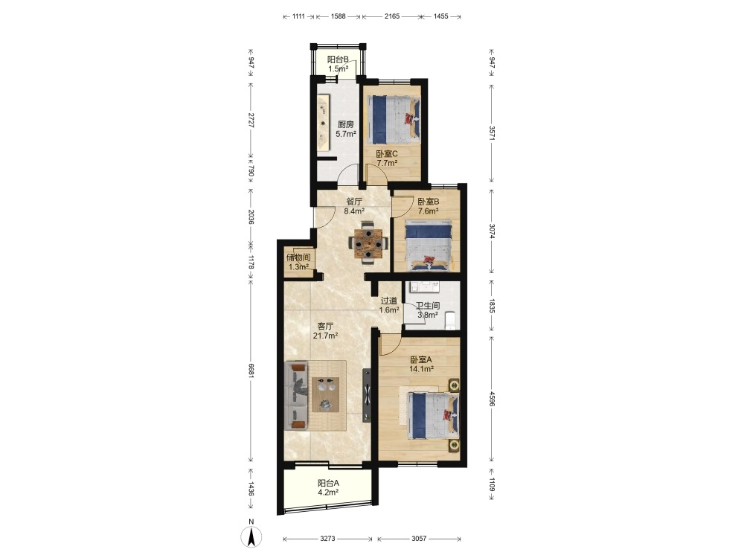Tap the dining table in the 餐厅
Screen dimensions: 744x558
click(368, 243)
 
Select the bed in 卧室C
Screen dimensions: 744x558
click(394, 120)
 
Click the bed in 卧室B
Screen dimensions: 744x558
click(429, 246)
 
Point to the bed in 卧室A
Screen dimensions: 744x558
click(434, 415)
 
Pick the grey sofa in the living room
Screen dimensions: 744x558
click(296, 396)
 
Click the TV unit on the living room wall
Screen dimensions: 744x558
click(367, 395)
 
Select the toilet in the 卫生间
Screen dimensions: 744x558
click(450, 320)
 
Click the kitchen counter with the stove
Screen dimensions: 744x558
click(323, 123)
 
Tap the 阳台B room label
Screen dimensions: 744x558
click(338, 60)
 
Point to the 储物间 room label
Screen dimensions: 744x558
click(298, 257)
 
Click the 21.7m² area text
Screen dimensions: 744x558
click(326, 336)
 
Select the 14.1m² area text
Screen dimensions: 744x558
click(421, 369)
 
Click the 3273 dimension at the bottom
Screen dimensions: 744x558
click(327, 539)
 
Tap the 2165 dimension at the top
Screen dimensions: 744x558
click(392, 16)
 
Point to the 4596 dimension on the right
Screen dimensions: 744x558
click(492, 399)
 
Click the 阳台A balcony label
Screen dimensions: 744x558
click(328, 483)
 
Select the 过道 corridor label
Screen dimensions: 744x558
click(389, 301)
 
